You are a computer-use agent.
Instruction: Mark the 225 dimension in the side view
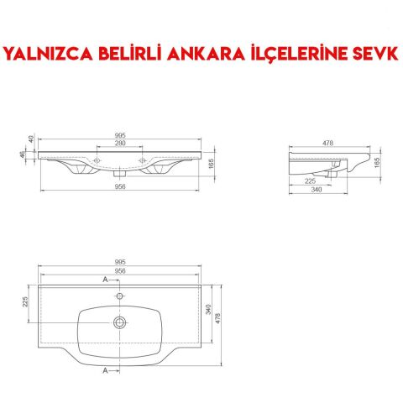[311, 180]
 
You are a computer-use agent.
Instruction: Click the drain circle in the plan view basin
[121, 322]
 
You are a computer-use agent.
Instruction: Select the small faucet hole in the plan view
[121, 296]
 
